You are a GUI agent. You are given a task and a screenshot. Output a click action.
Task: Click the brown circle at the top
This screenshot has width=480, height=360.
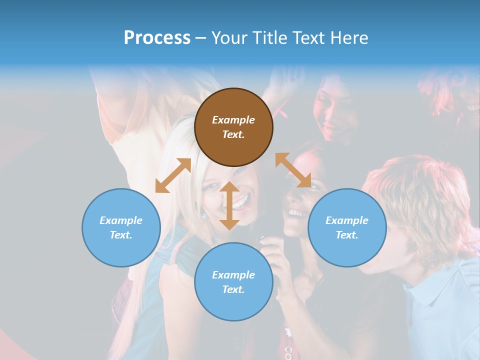pos(233,127)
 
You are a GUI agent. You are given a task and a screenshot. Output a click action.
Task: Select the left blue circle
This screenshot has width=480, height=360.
pos(121,227)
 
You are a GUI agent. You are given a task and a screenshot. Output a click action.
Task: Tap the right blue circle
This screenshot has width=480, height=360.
pos(346,227)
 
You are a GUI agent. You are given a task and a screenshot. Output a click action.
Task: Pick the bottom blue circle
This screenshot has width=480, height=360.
pos(233,282)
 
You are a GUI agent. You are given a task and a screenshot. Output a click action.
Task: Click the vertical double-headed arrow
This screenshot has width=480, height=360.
pos(229,205)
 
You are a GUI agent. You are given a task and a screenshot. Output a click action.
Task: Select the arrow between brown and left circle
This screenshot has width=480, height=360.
pos(173,175)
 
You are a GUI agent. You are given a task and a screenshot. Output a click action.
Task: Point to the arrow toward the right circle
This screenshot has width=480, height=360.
pos(293,170)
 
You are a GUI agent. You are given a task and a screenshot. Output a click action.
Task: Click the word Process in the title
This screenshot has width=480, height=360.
pos(157,37)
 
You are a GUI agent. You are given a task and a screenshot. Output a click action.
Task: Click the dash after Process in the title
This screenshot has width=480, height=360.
pos(201,38)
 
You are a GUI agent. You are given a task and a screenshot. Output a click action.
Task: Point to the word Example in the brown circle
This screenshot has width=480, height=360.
pos(233,120)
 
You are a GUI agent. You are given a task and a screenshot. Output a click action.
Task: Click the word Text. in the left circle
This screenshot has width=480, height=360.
pos(121,235)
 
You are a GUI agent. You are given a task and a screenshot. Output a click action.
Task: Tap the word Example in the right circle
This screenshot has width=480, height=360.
pos(346,220)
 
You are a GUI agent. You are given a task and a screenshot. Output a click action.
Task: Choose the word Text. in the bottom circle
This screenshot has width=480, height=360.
pos(233,289)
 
